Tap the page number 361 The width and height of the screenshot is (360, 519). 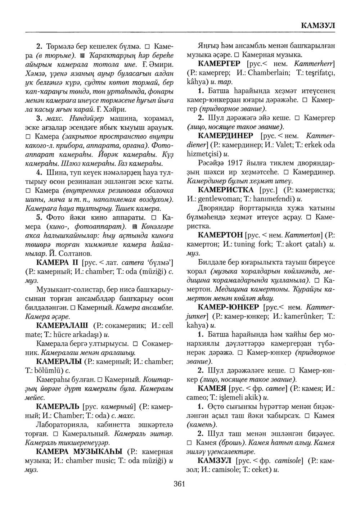point(179,484)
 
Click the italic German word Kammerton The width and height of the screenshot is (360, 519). point(301,235)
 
